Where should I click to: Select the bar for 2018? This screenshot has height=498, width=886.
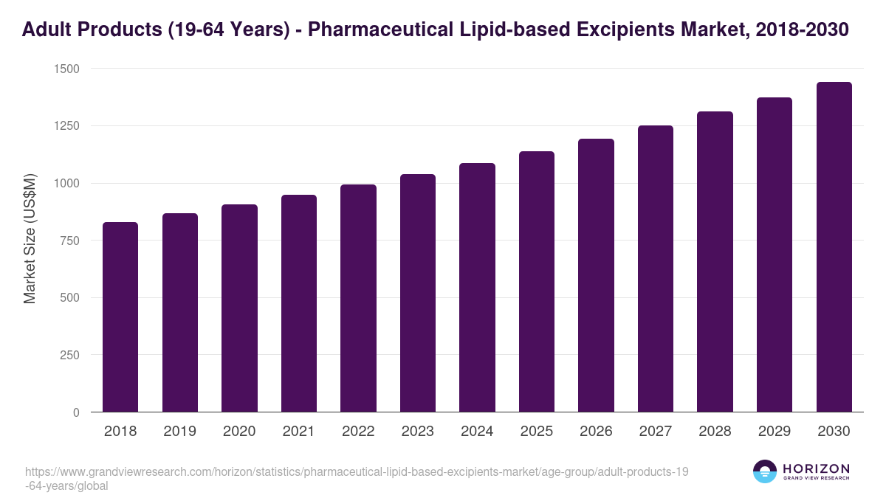point(120,317)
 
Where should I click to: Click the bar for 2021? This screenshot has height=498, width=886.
point(299,303)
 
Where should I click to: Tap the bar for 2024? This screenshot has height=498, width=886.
point(477,288)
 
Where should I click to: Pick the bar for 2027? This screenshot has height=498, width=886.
point(656,269)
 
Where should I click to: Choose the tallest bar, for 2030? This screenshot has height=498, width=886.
point(834,247)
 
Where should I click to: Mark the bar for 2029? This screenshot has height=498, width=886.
point(775,255)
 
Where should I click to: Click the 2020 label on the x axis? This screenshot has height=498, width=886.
point(239,432)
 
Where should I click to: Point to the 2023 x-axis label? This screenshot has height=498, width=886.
point(418,432)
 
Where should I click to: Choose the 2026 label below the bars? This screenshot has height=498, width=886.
point(596,432)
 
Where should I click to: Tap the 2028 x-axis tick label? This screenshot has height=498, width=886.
point(715,432)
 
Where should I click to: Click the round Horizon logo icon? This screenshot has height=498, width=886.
point(765,471)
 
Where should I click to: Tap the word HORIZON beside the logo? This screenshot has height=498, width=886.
point(816,468)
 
